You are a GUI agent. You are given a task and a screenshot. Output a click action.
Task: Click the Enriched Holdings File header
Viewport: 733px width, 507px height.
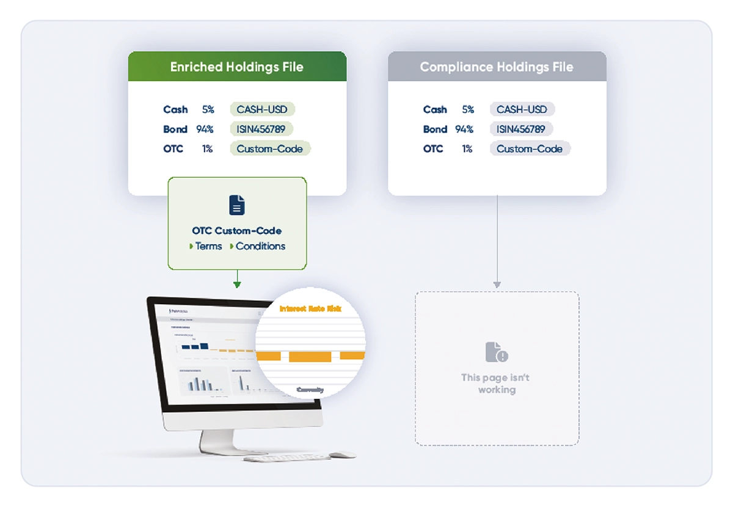(x=237, y=67)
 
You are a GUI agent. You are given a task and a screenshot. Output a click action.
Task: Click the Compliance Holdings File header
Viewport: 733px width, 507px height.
(x=497, y=67)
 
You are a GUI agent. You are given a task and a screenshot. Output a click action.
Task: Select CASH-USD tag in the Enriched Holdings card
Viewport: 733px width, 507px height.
(x=263, y=109)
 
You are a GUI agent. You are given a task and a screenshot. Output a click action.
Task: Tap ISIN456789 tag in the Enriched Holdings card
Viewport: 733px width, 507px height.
(x=261, y=129)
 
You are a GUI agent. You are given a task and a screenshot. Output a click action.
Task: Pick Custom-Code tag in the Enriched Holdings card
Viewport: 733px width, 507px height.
(x=270, y=148)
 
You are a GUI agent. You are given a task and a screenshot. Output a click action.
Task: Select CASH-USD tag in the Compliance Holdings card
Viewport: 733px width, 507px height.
(x=522, y=109)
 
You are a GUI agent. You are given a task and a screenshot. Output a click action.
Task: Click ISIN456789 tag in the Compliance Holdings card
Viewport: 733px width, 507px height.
(x=521, y=129)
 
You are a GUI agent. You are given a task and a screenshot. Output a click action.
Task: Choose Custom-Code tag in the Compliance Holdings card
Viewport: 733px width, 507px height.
(x=530, y=148)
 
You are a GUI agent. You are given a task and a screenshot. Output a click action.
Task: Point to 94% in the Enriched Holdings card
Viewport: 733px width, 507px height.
(x=205, y=129)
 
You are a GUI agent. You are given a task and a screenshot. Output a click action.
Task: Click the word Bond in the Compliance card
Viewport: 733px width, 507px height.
(x=435, y=129)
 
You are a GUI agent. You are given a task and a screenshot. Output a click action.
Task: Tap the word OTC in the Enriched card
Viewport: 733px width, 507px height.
(x=173, y=148)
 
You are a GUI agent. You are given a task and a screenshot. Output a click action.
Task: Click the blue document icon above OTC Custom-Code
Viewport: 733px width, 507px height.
(x=237, y=205)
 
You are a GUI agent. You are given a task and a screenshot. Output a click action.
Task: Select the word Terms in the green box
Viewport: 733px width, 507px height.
(x=208, y=246)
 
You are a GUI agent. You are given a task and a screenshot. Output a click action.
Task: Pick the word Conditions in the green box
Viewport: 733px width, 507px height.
(x=260, y=246)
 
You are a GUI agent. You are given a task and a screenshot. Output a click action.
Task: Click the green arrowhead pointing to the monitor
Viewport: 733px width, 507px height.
(x=237, y=284)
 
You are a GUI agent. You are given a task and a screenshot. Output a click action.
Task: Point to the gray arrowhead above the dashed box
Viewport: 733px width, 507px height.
(x=497, y=284)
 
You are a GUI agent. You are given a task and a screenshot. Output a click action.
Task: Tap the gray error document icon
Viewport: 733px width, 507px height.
(x=496, y=352)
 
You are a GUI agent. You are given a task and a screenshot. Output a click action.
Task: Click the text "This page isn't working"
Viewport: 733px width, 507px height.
(x=496, y=384)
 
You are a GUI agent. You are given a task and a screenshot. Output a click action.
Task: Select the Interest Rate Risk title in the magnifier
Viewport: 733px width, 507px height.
(x=311, y=309)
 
